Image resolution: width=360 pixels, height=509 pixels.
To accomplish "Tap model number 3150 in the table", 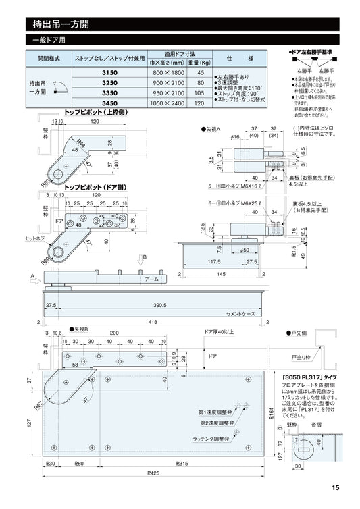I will click(x=109, y=72).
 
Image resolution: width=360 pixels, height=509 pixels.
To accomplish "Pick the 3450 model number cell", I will click(x=109, y=103).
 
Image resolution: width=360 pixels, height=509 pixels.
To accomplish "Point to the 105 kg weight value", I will click(x=199, y=92).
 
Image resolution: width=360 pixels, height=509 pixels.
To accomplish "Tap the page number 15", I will click(x=336, y=489).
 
